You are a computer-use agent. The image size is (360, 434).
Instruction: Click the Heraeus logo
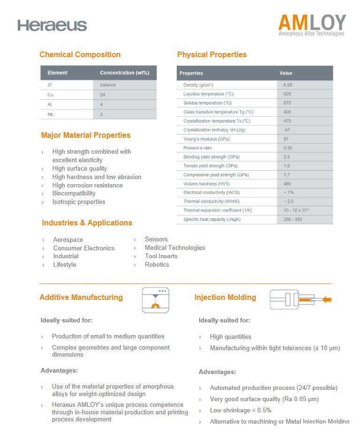52,25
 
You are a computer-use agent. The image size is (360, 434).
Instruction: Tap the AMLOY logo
311,24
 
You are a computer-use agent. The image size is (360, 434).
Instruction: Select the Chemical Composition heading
80,55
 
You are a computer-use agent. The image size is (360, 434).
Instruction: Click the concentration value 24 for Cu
103,95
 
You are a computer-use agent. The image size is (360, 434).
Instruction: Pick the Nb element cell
50,114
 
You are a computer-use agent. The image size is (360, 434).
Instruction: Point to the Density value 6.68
288,85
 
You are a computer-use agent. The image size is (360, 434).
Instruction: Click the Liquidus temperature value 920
287,94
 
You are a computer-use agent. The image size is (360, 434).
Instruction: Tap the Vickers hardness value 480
287,184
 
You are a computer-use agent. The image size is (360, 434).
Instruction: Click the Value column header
286,73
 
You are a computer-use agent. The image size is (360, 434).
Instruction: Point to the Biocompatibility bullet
74,194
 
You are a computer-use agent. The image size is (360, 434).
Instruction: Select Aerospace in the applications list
68,240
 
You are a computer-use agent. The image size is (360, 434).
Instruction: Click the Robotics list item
157,265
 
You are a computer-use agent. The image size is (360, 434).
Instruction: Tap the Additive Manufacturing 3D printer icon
155,300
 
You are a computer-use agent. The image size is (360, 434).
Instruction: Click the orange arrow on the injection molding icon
327,299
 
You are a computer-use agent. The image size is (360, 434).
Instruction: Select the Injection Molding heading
225,298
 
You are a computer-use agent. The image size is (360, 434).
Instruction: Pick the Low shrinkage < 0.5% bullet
240,411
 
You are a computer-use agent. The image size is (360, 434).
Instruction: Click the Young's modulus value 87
286,139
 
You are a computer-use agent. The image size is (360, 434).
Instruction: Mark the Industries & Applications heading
87,223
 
